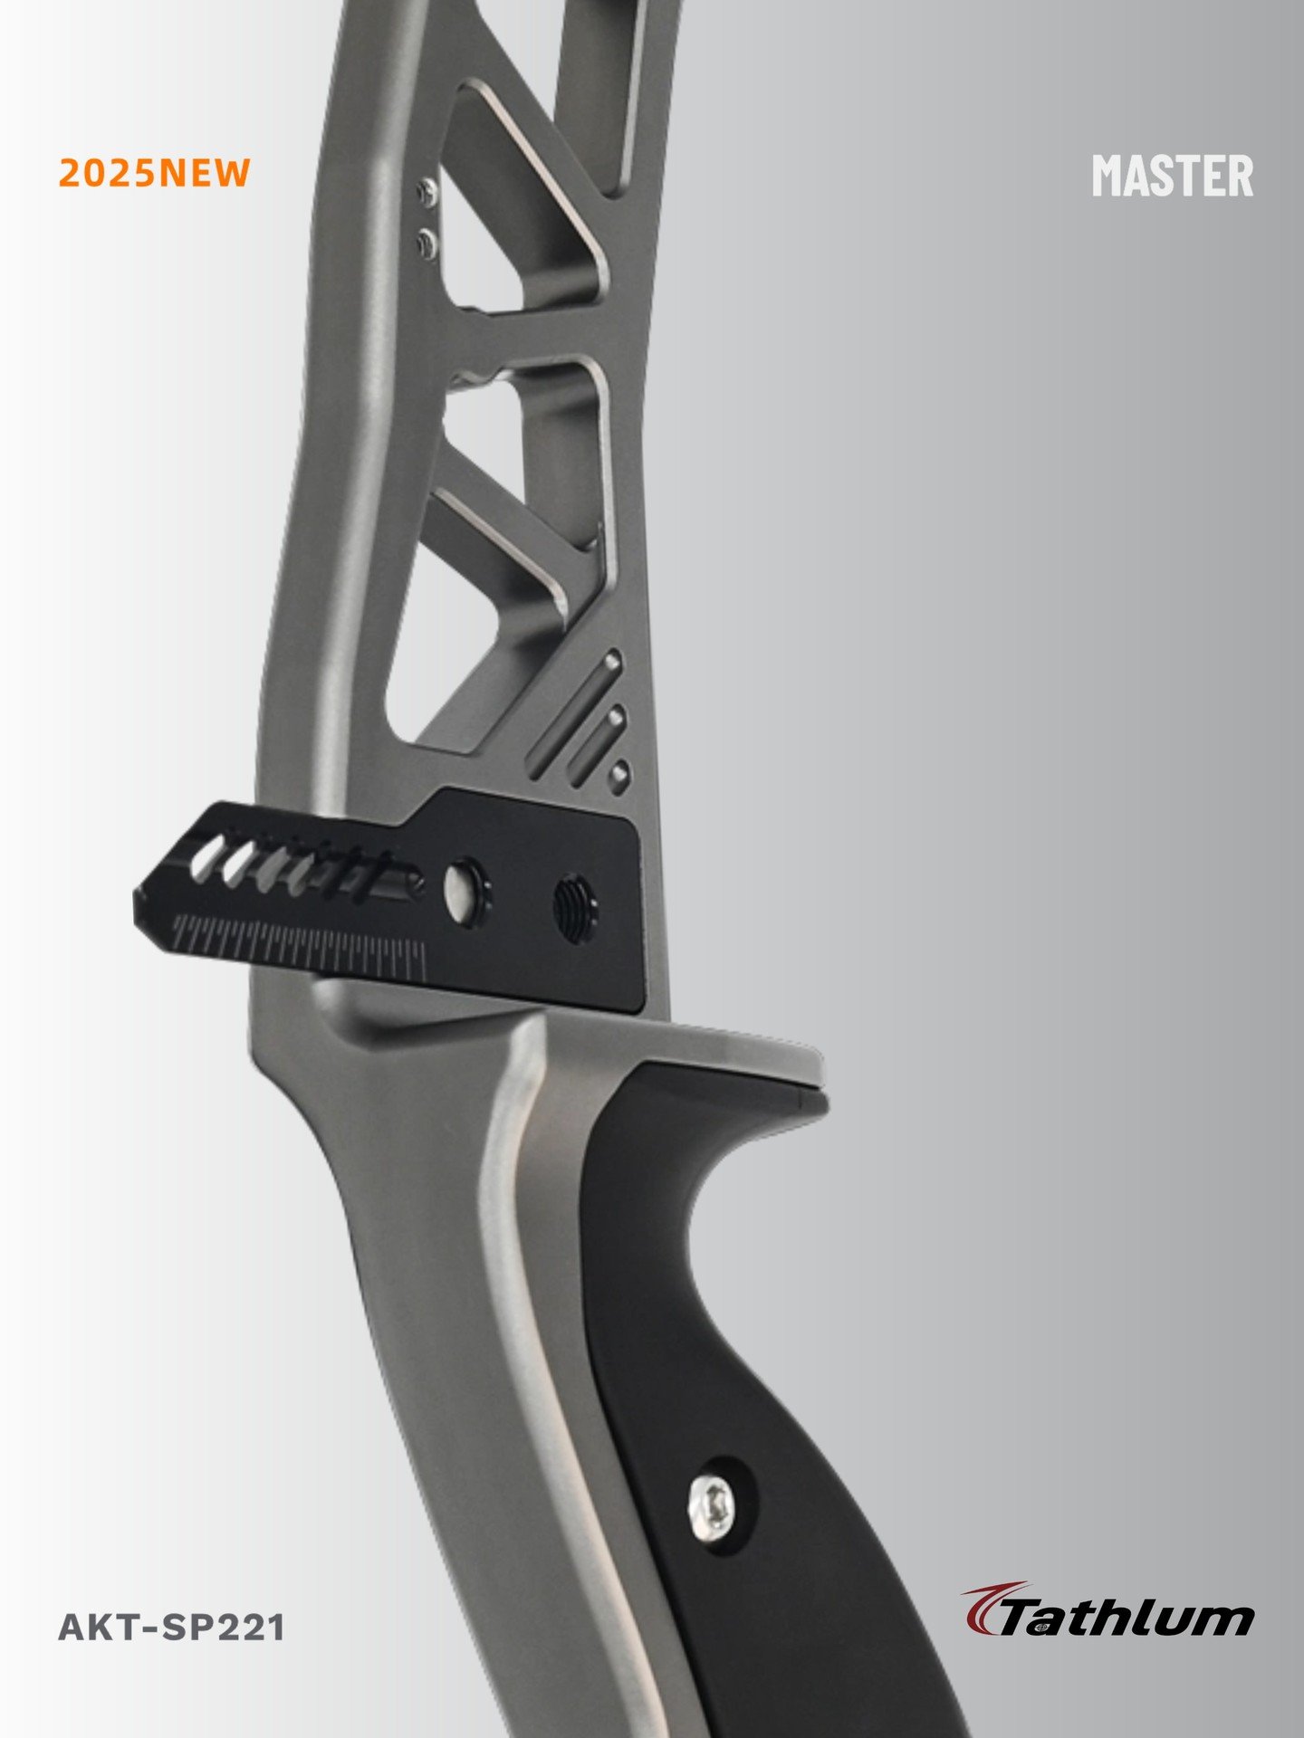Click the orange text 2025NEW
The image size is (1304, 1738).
(154, 172)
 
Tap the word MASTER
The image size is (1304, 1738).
(1173, 175)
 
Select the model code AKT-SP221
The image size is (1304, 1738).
(171, 1628)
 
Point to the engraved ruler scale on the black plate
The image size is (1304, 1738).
(299, 946)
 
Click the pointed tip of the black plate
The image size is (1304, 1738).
(136, 899)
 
